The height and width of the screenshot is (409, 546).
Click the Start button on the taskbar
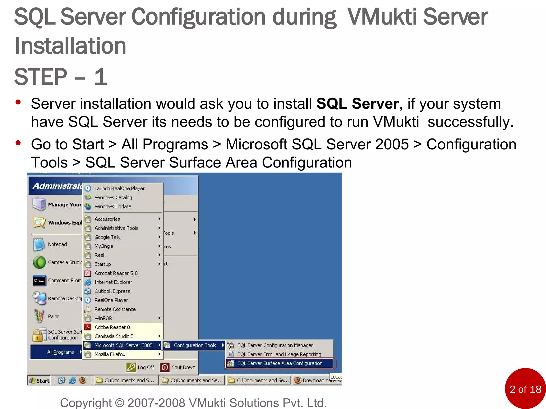pyautogui.click(x=39, y=381)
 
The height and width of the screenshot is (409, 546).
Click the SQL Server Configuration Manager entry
pyautogui.click(x=275, y=345)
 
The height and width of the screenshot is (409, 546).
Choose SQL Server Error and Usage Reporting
pyautogui.click(x=279, y=354)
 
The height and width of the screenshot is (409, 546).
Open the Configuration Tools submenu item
pyautogui.click(x=195, y=345)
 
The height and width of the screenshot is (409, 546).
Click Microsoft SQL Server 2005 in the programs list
pyautogui.click(x=123, y=345)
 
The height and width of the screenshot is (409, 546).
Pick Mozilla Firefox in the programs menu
pyautogui.click(x=110, y=354)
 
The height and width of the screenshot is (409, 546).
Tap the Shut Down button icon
pyautogui.click(x=165, y=367)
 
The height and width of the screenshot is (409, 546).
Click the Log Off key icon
pyautogui.click(x=131, y=367)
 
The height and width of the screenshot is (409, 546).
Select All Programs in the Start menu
pyautogui.click(x=61, y=352)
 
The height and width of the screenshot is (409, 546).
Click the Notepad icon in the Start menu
pyautogui.click(x=39, y=244)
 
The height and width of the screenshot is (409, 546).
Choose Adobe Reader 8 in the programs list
pyautogui.click(x=112, y=327)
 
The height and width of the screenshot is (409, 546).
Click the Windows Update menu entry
pyautogui.click(x=113, y=207)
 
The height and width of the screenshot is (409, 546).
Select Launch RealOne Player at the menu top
pyautogui.click(x=119, y=189)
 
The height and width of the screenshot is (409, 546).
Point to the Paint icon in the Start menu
pyautogui.click(x=39, y=316)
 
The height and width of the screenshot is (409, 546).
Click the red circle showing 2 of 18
pyautogui.click(x=525, y=388)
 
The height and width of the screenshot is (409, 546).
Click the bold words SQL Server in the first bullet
pyautogui.click(x=358, y=104)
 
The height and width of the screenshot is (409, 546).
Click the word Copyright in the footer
pyautogui.click(x=86, y=403)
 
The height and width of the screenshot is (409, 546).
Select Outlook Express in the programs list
pyautogui.click(x=112, y=291)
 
